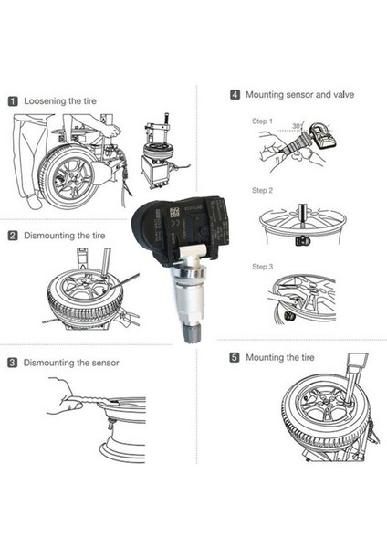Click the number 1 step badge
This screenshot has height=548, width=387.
[14, 101]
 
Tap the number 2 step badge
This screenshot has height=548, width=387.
[14, 235]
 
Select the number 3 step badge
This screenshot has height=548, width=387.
[14, 363]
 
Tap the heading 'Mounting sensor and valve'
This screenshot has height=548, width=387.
[293, 94]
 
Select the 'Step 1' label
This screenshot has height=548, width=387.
[262, 121]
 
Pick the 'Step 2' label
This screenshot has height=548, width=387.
[262, 190]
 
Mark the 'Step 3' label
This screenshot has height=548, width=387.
[262, 267]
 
